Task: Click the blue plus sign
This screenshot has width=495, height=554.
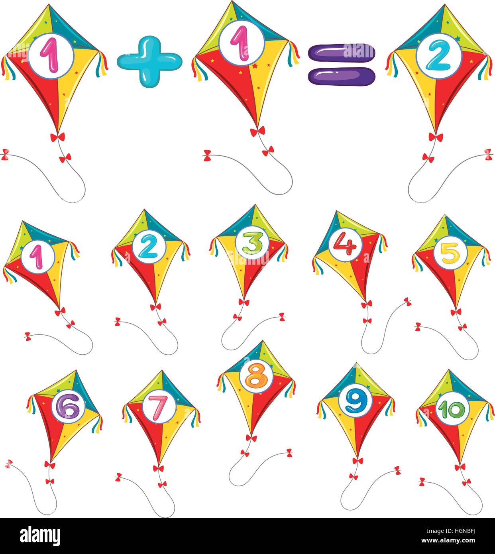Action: coord(149,61)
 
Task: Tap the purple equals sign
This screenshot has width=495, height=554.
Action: coord(342,63)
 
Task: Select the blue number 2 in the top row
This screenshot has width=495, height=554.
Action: coord(438,56)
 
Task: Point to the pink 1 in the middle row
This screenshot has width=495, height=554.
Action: coord(37,256)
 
